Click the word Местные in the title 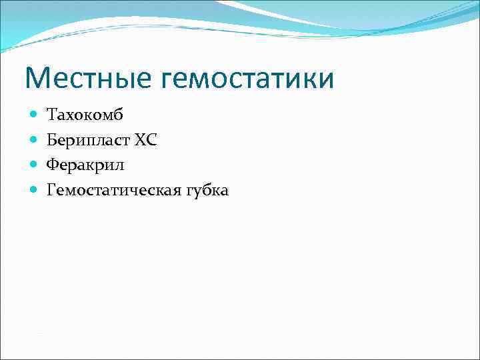click(x=88, y=79)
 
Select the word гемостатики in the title click(x=247, y=79)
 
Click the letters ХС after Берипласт click(x=146, y=141)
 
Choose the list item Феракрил click(x=85, y=165)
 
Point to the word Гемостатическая click(x=111, y=191)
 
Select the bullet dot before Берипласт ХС click(x=34, y=141)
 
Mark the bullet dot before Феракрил click(x=34, y=165)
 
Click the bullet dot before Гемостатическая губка click(x=34, y=191)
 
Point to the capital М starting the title click(x=37, y=79)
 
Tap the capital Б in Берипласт click(x=52, y=141)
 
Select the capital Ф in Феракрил click(x=53, y=165)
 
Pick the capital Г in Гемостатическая click(x=51, y=191)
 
